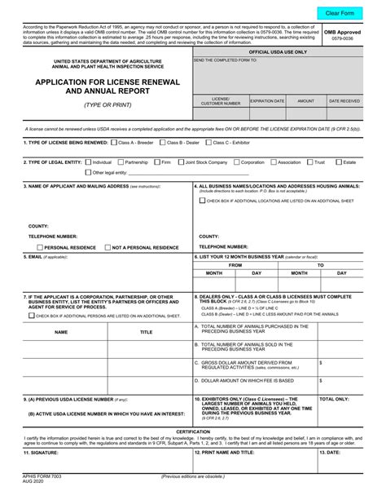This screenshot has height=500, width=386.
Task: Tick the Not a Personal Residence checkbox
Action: (x=107, y=246)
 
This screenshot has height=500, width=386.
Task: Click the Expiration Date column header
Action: (x=267, y=101)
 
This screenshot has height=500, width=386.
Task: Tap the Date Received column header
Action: (x=344, y=101)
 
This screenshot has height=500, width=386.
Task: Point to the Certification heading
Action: (x=193, y=431)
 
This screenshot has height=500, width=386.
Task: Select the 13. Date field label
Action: (x=331, y=451)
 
